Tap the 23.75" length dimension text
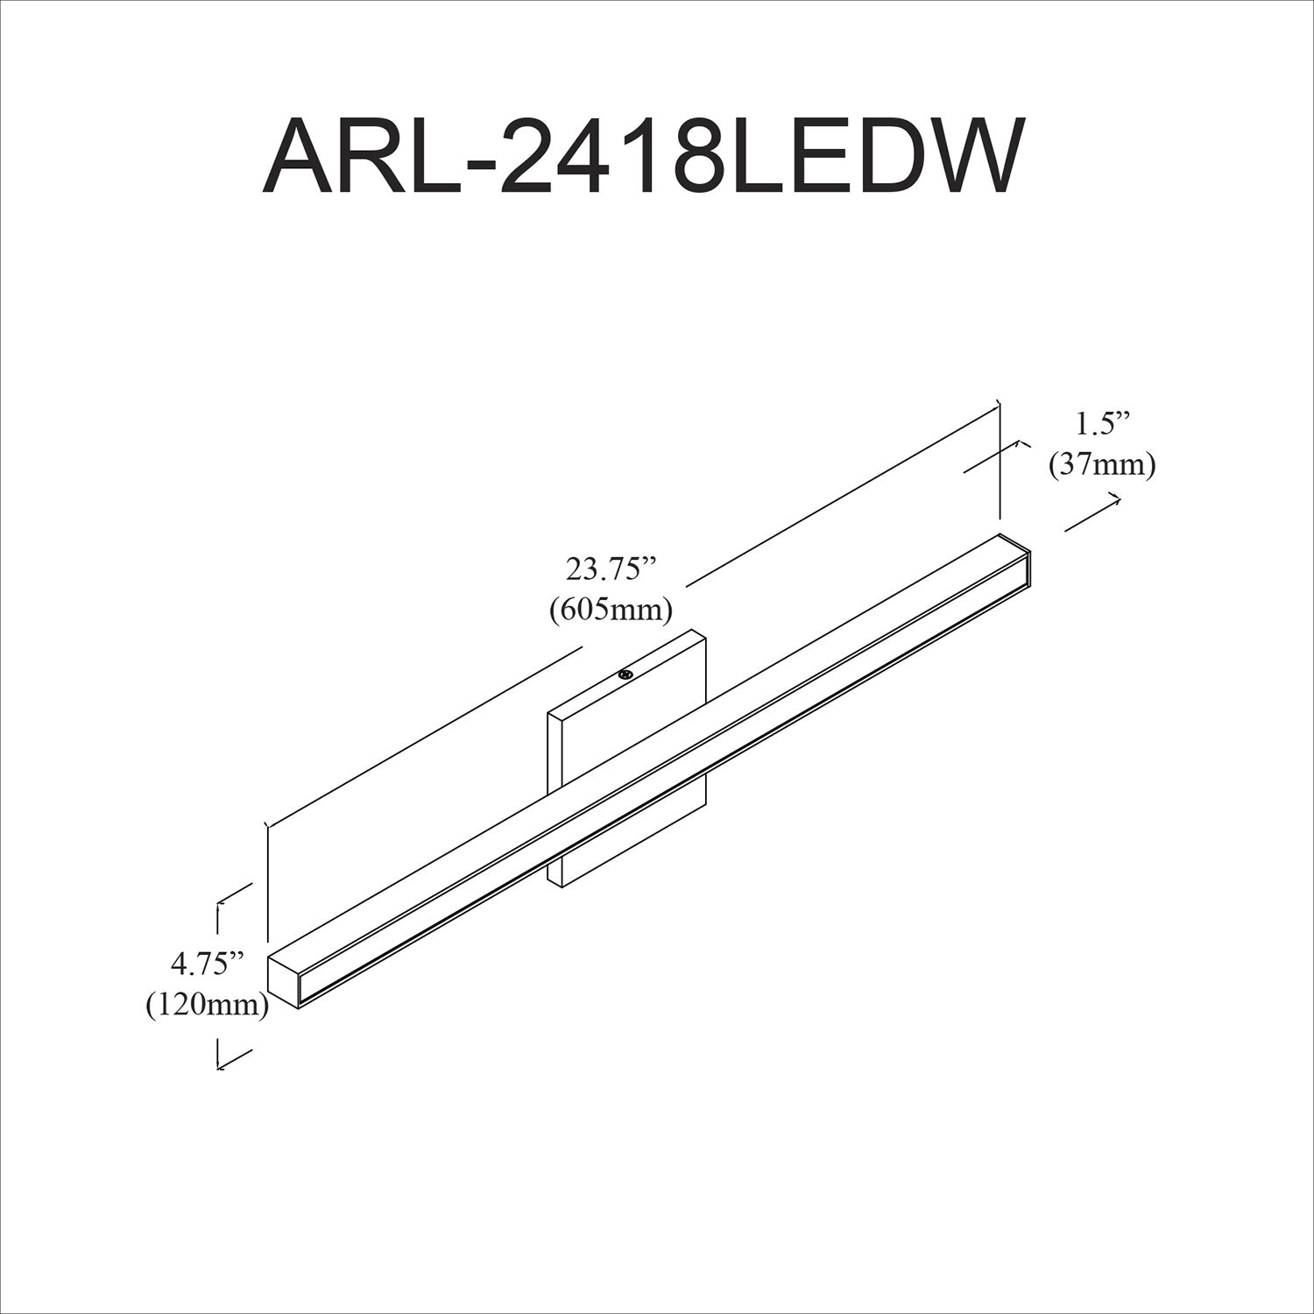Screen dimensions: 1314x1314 tap(611, 570)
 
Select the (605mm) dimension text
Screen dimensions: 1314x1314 tap(611, 610)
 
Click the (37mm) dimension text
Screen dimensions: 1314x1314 tap(1102, 464)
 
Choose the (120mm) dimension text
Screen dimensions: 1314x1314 tap(207, 1005)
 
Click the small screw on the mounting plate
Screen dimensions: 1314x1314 tap(625, 674)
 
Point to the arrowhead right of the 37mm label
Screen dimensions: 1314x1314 tap(1116, 498)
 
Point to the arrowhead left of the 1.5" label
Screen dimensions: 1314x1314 tap(1019, 445)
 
